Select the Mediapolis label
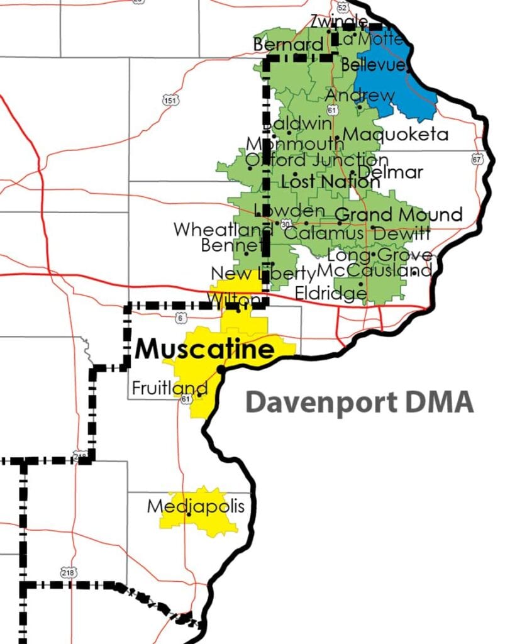pyautogui.click(x=195, y=506)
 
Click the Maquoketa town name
pyautogui.click(x=396, y=135)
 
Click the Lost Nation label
pyautogui.click(x=330, y=182)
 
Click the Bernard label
pyautogui.click(x=287, y=45)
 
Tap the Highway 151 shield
pyautogui.click(x=170, y=101)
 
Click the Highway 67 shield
pyautogui.click(x=476, y=160)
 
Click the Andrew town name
pyautogui.click(x=360, y=96)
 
